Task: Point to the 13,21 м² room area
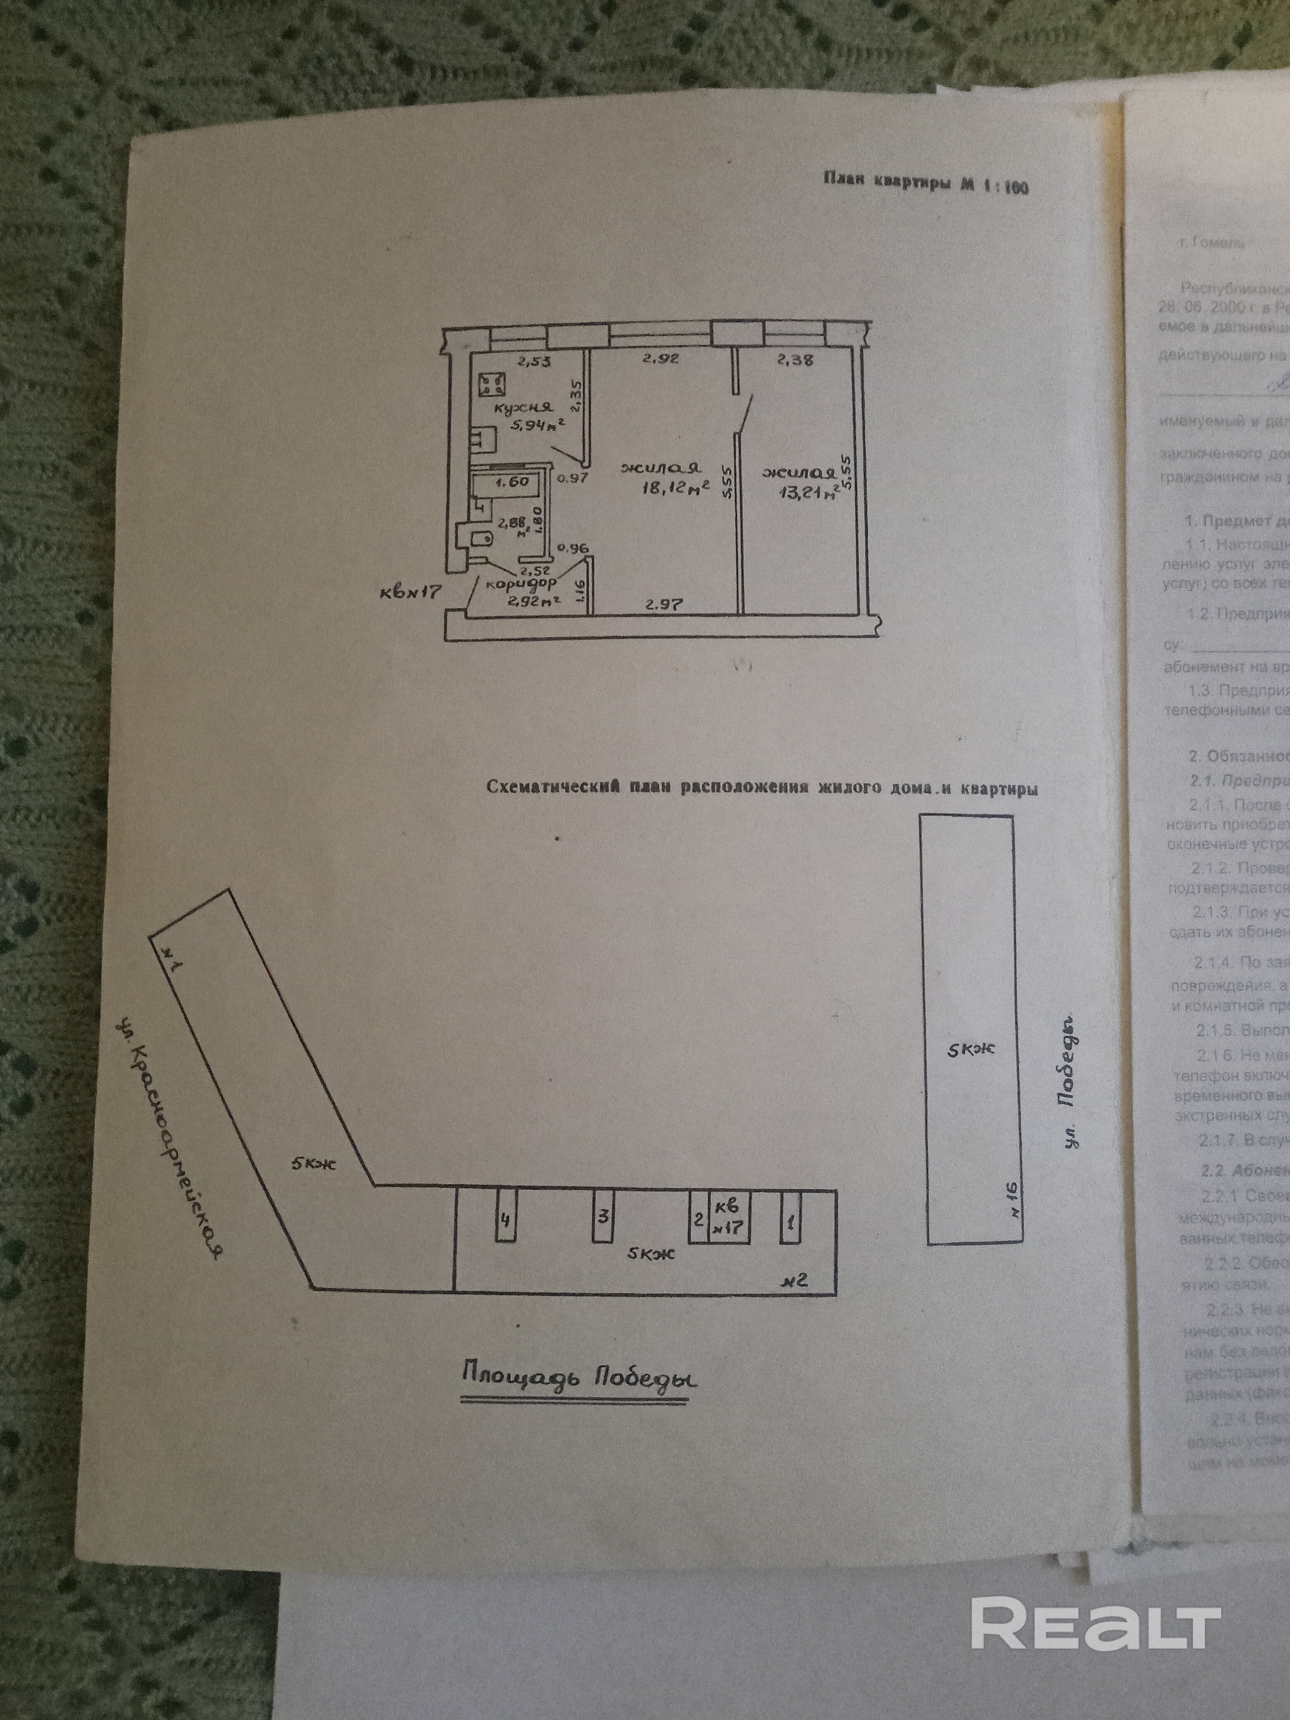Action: point(803,492)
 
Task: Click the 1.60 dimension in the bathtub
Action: point(511,481)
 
